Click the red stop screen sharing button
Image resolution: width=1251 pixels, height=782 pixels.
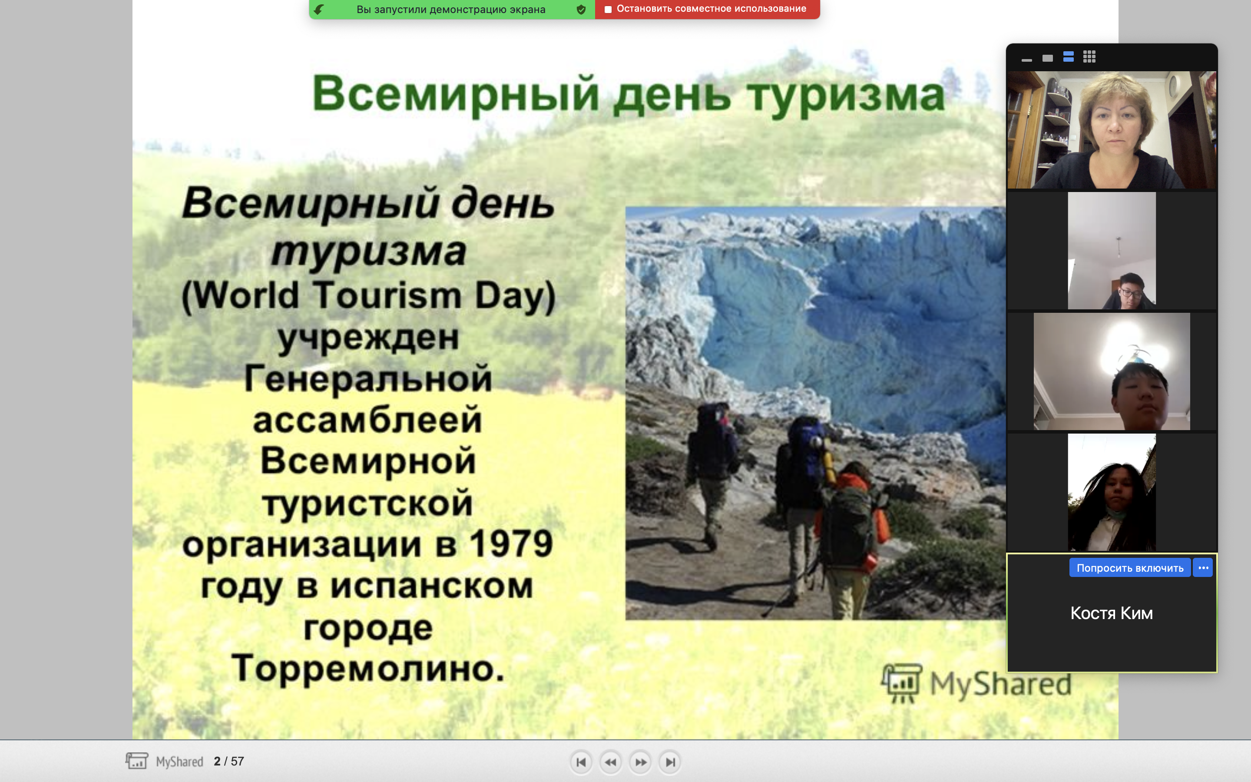(707, 9)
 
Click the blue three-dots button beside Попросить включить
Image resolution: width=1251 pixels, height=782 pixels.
(1203, 568)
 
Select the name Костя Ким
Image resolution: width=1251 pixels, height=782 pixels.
(1112, 613)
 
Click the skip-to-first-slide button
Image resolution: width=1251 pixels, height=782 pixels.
(581, 762)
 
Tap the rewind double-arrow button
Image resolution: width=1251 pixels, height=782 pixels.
(610, 762)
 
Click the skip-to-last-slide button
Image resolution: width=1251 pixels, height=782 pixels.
(670, 762)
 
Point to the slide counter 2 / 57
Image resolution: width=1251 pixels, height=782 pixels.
(228, 761)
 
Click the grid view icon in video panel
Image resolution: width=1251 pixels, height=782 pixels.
(1089, 57)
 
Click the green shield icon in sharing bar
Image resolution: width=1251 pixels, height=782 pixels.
(581, 9)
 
